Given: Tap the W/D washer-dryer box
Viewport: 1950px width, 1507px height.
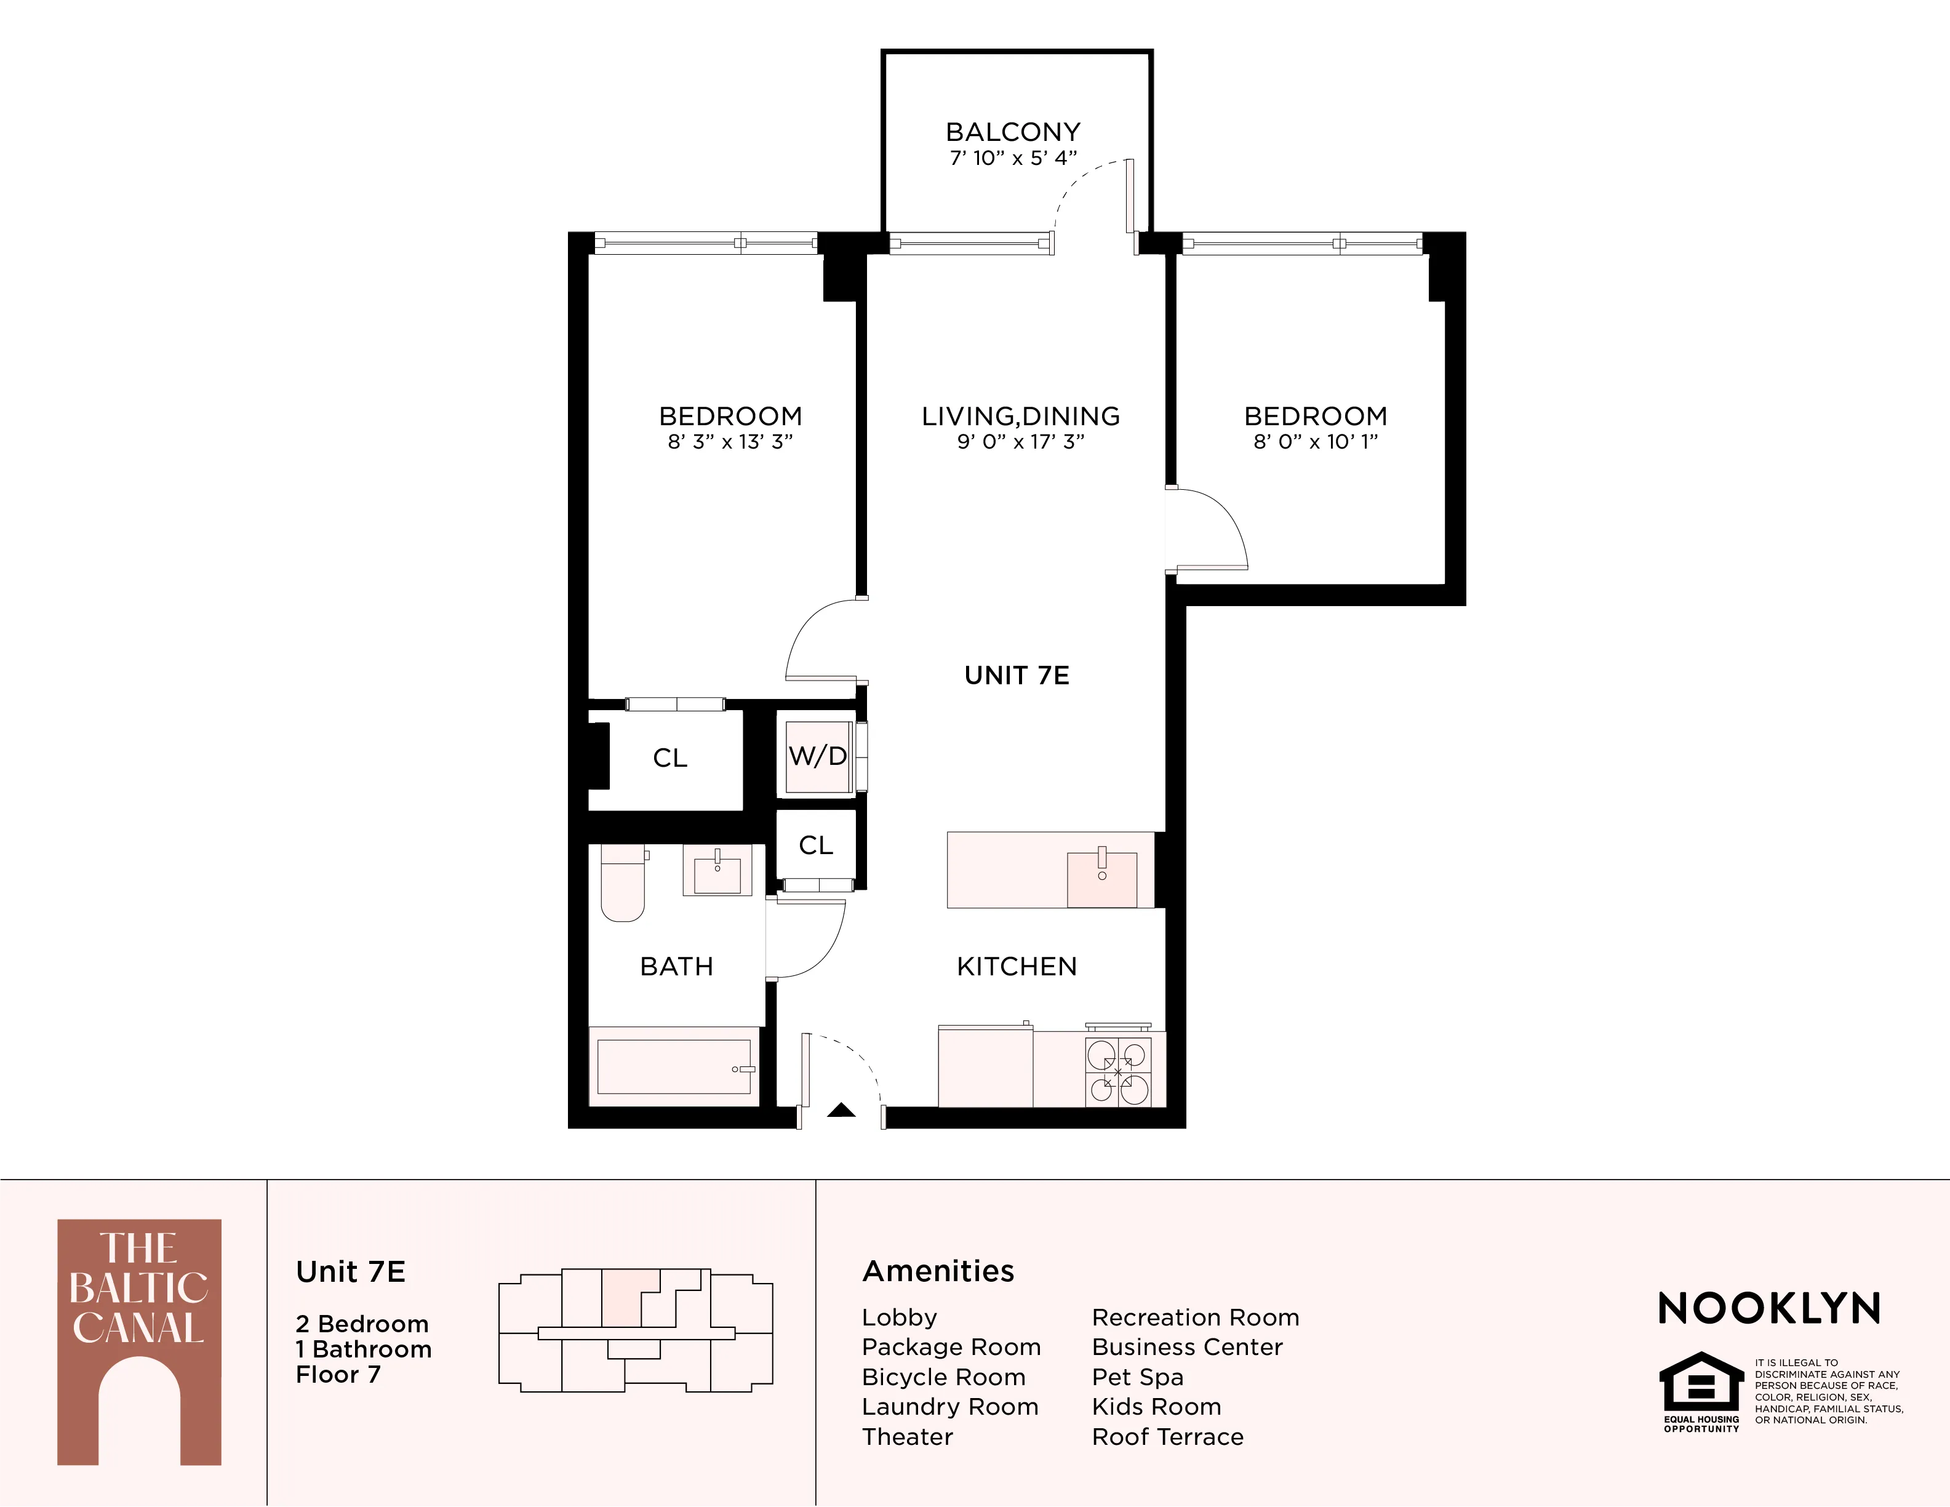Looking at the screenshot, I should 817,756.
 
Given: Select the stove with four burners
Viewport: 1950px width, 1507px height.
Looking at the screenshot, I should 1119,1071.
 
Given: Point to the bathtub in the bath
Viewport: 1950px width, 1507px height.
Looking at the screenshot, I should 674,1067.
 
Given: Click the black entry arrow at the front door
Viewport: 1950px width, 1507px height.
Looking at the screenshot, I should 841,1111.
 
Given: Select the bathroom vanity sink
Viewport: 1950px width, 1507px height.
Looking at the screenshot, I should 718,871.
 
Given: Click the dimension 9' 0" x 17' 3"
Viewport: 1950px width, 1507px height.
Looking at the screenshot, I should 1021,442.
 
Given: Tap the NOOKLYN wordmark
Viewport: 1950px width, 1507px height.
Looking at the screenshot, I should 1768,1309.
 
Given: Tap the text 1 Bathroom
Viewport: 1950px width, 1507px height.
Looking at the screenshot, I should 364,1349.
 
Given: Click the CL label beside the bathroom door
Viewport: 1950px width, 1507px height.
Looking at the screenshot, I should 815,845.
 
